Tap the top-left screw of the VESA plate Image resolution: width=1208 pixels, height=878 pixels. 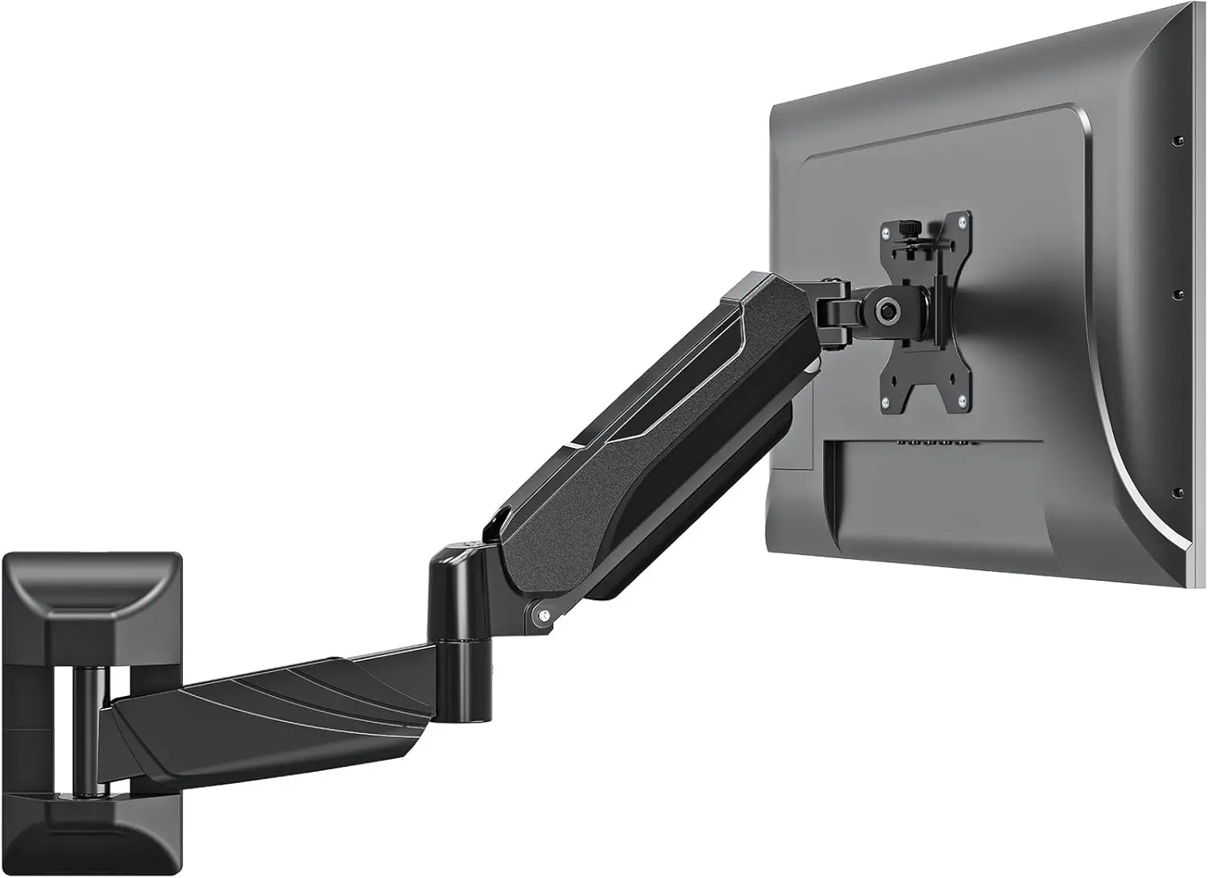pos(886,234)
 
